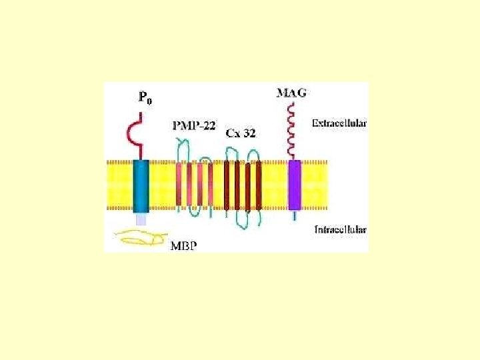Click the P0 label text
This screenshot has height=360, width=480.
145,97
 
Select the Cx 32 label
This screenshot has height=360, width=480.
241,133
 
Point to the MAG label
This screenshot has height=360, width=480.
291,93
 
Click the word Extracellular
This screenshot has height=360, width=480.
339,123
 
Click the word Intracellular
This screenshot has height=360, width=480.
340,230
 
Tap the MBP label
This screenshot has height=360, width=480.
185,245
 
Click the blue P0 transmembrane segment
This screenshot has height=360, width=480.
141,185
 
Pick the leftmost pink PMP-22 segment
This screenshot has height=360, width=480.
179,185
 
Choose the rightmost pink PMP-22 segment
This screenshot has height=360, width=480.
210,185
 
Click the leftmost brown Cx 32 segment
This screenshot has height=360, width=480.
227,185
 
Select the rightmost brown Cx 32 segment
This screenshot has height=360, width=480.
259,185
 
